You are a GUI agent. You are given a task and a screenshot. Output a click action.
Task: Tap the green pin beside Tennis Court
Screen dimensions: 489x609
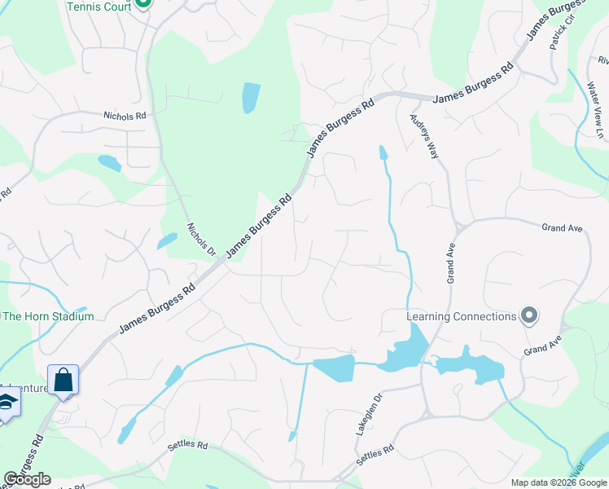[143, 2]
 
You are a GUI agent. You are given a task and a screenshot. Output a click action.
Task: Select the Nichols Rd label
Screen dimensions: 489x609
[125, 117]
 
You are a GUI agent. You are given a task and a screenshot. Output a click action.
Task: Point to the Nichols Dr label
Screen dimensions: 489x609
[201, 240]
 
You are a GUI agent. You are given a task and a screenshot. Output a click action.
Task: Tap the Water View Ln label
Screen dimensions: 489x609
[600, 121]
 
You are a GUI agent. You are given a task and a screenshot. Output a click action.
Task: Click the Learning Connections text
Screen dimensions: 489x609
[462, 316]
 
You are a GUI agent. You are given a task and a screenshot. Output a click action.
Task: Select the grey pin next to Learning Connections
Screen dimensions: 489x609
[529, 315]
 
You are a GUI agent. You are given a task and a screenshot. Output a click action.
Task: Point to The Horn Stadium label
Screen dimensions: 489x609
[49, 316]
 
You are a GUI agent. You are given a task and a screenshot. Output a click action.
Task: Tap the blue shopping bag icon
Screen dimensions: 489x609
[63, 380]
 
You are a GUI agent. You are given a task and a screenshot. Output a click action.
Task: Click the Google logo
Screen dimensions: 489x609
[27, 479]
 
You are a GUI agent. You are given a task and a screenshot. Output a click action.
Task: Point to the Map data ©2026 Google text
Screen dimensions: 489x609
[559, 482]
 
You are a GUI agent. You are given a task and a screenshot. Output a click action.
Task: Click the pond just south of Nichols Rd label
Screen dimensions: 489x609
[109, 163]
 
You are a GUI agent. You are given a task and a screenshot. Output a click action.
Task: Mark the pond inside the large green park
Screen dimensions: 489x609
[251, 98]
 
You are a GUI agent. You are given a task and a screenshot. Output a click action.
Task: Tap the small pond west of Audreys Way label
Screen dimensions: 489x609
[382, 152]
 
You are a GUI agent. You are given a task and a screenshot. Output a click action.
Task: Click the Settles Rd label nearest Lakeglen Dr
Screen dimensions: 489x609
[376, 455]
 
